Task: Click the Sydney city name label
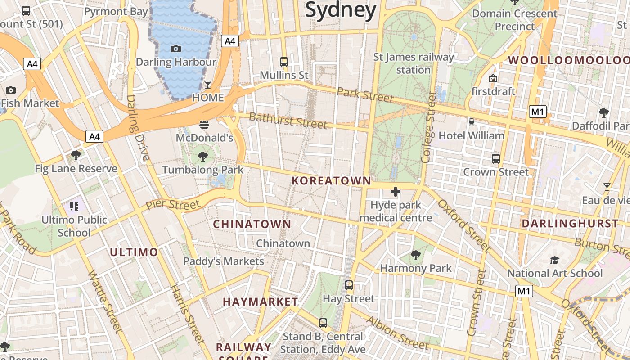[341, 10]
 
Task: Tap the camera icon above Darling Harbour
[176, 49]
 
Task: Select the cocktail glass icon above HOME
[208, 84]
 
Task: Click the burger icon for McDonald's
[204, 124]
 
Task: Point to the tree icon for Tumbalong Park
[203, 157]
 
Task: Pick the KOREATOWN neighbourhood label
[332, 181]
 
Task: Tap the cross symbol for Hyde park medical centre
[396, 192]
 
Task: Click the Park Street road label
[365, 95]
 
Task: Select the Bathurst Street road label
[288, 121]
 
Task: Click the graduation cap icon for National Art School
[554, 260]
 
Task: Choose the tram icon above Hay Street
[349, 285]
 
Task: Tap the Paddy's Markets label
[224, 261]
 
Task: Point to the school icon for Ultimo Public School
[74, 207]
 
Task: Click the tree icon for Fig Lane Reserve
[76, 155]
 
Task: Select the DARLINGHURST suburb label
[570, 224]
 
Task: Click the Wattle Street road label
[105, 301]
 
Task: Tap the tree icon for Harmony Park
[416, 255]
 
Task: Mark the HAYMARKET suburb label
[261, 302]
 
